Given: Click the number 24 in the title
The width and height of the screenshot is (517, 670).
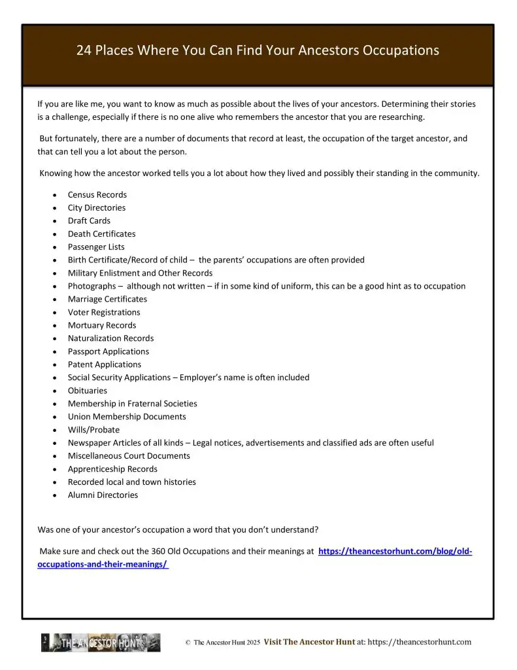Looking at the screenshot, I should (84, 50).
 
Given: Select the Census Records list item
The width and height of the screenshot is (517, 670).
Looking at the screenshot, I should (97, 194).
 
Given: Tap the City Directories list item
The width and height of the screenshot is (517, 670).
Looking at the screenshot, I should (97, 207).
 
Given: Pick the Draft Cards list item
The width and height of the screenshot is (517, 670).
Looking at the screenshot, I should (89, 220).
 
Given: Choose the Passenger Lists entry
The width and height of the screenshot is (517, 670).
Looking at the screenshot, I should (96, 247).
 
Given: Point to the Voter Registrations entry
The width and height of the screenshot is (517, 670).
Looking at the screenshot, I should (104, 312).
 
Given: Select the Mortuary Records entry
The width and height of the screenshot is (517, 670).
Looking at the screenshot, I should (102, 325).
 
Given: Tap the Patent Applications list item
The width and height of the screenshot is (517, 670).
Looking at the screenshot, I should (105, 364).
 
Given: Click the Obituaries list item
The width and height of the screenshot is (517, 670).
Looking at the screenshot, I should (88, 391).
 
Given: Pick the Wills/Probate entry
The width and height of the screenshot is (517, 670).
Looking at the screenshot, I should (93, 430).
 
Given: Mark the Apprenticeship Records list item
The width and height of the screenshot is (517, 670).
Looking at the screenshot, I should (112, 469).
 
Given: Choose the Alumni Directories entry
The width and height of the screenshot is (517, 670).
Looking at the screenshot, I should (103, 495).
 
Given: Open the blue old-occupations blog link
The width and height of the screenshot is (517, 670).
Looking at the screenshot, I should (395, 552).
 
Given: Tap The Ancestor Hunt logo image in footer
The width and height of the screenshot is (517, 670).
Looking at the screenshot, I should (101, 643).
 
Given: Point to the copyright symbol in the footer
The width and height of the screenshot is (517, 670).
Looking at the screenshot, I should (188, 643).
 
